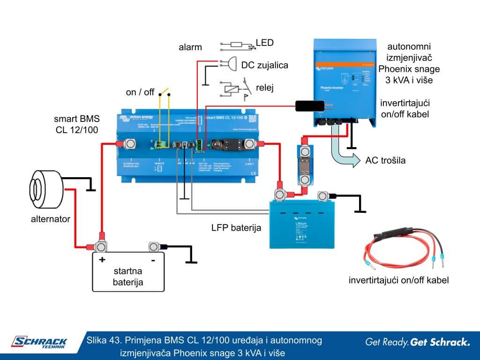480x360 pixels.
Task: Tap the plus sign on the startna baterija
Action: pos(101,259)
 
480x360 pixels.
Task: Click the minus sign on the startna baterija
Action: pos(153,259)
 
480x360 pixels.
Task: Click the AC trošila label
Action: pos(385,161)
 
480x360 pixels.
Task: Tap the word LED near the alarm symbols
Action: pos(264,43)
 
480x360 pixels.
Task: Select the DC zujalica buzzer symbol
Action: pos(231,63)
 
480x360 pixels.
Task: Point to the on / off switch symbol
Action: pos(164,92)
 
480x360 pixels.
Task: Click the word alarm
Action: pos(190,47)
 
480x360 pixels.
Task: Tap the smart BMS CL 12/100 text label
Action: pos(76,124)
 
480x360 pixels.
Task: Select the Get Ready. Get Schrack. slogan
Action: pos(417,342)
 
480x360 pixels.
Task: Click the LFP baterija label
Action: pos(236,228)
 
